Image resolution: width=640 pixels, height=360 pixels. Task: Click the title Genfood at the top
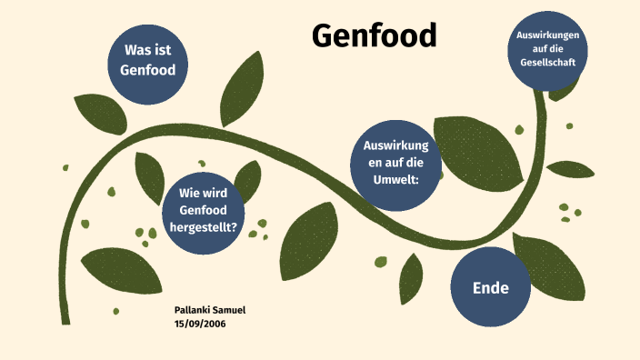point(374,35)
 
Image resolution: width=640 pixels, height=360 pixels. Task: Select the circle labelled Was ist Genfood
point(147,60)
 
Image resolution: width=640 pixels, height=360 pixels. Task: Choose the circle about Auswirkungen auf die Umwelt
point(395,162)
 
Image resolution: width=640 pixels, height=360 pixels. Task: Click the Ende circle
point(490,287)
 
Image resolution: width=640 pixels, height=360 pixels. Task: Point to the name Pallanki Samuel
point(210,310)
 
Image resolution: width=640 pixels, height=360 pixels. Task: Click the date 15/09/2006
point(200,323)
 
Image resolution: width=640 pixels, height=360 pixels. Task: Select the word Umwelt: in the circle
point(395,179)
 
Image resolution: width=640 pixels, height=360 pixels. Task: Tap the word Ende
point(490,288)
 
